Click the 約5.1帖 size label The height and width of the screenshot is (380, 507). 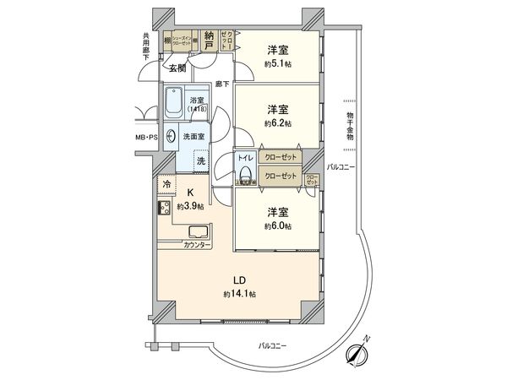click(x=279, y=63)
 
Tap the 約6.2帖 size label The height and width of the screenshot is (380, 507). click(x=279, y=123)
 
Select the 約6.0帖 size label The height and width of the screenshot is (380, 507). click(x=279, y=225)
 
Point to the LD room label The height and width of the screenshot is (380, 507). click(x=239, y=280)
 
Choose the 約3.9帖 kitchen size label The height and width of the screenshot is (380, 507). click(x=190, y=206)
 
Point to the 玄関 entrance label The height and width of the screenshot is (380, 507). click(x=177, y=68)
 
